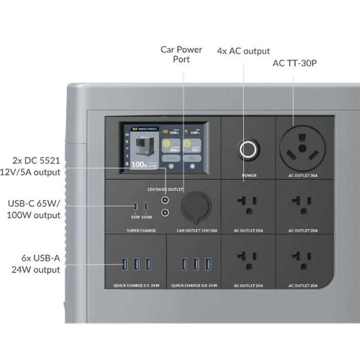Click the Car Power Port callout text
pyautogui.click(x=182, y=55)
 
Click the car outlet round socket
pyautogui.click(x=195, y=206)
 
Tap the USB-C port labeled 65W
pyautogui.click(x=135, y=207)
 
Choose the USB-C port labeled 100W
pyautogui.click(x=147, y=207)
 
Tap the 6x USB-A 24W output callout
pyautogui.click(x=35, y=263)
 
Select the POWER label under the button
pyautogui.click(x=249, y=176)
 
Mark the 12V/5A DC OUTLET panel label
pyautogui.click(x=165, y=188)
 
